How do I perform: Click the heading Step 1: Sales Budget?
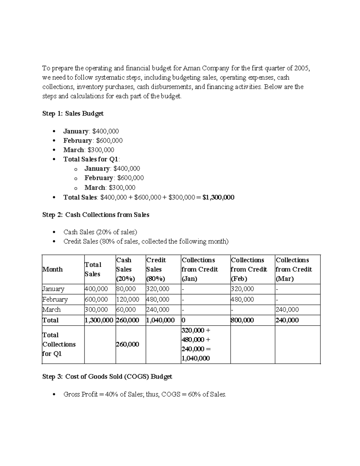click(73, 113)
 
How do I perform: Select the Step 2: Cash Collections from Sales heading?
click(96, 215)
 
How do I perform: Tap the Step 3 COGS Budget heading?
click(107, 377)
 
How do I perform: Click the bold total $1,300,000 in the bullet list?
click(218, 197)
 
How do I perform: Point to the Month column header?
click(53, 269)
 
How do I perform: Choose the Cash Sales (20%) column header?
click(126, 269)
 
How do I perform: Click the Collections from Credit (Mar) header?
click(294, 269)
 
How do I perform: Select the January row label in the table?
click(53, 289)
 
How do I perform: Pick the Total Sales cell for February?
click(97, 299)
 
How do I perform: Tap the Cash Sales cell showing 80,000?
click(126, 289)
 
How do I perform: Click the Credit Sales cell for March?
click(158, 310)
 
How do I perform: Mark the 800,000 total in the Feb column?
click(242, 320)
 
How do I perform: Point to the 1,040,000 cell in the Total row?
click(160, 320)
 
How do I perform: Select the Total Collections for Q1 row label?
click(59, 344)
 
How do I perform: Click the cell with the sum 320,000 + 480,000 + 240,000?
click(196, 344)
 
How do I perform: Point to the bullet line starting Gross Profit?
click(145, 394)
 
